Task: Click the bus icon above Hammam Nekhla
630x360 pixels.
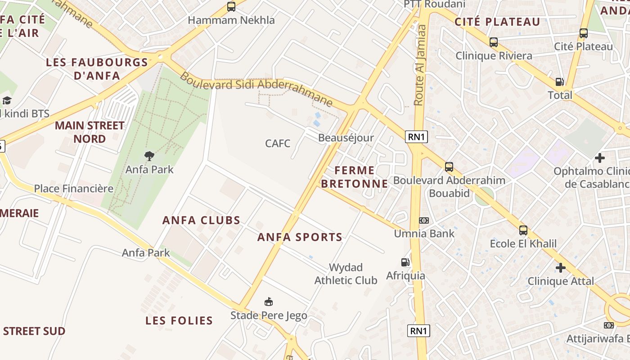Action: pyautogui.click(x=231, y=7)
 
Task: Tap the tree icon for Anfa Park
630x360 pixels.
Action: pyautogui.click(x=149, y=156)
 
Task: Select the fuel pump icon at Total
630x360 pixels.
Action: pyautogui.click(x=560, y=82)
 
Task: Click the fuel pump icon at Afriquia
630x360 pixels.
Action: pyautogui.click(x=405, y=262)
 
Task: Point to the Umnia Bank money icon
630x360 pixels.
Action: pyautogui.click(x=424, y=220)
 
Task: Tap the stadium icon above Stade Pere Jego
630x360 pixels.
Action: pyautogui.click(x=269, y=301)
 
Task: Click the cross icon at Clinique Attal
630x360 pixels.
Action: pyautogui.click(x=560, y=268)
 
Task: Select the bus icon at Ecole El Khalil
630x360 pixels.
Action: pyautogui.click(x=523, y=230)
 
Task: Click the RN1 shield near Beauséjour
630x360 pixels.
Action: pyautogui.click(x=416, y=137)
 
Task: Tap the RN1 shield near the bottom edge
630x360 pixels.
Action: pyautogui.click(x=418, y=331)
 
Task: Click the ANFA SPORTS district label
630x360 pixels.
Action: pyautogui.click(x=300, y=237)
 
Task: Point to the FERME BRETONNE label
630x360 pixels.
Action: pyautogui.click(x=355, y=177)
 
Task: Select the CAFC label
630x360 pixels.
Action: pyautogui.click(x=278, y=144)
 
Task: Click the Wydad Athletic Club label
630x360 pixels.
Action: pyautogui.click(x=346, y=274)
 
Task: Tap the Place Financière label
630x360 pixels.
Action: pyautogui.click(x=74, y=189)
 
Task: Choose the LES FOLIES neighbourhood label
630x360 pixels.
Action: pyautogui.click(x=179, y=320)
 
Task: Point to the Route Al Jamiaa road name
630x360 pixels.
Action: pyautogui.click(x=419, y=65)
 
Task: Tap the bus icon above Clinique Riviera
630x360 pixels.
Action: pyautogui.click(x=494, y=42)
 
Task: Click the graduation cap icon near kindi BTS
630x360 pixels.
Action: pyautogui.click(x=7, y=100)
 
